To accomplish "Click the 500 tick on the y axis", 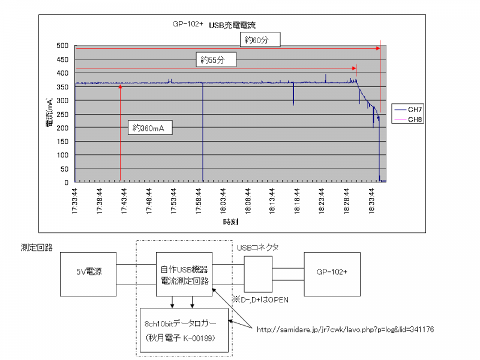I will click(x=62, y=46).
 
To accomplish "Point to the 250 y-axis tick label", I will click(x=62, y=114).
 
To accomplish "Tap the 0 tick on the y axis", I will click(x=66, y=182).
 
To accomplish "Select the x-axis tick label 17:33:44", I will click(x=75, y=200).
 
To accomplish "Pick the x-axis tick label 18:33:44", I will click(x=372, y=200).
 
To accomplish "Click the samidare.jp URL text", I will click(x=345, y=329).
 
